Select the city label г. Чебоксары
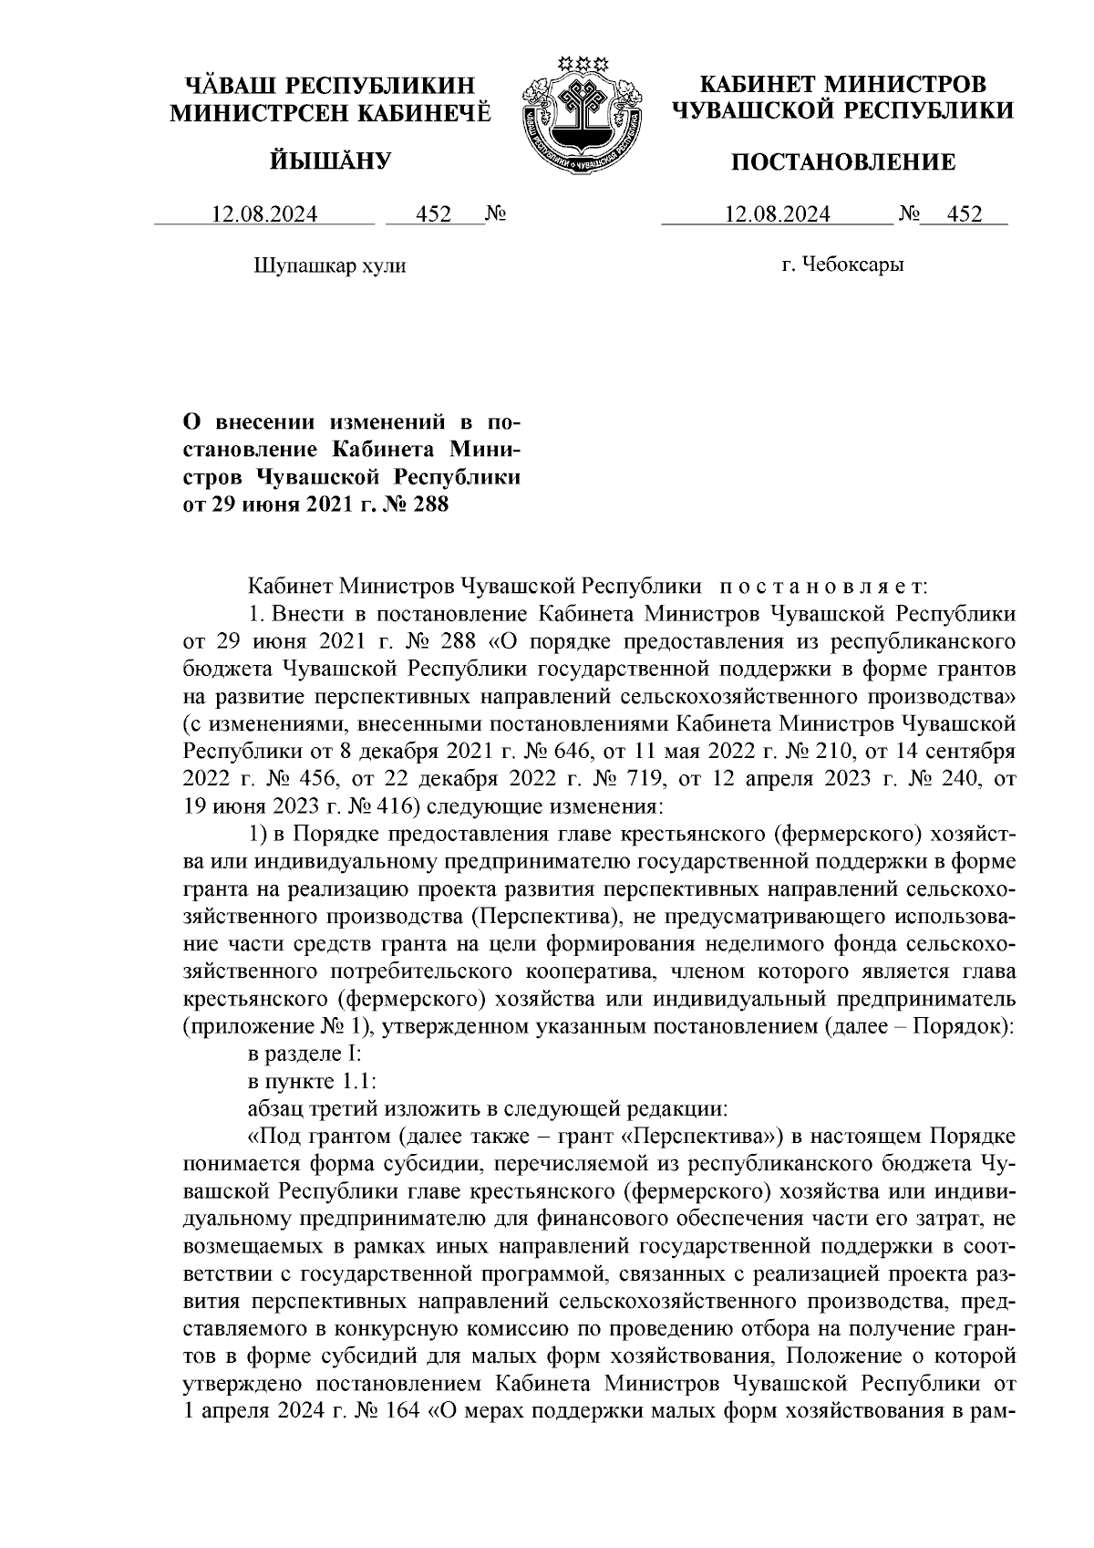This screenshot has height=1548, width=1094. coord(842,265)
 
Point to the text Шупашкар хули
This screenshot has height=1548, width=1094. coord(327,266)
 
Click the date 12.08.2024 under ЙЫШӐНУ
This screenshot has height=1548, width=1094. coord(264,214)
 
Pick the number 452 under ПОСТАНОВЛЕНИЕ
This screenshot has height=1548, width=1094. coord(965,214)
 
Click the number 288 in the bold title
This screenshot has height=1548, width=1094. coord(428,504)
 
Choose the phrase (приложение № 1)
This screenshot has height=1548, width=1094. coord(276,1027)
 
